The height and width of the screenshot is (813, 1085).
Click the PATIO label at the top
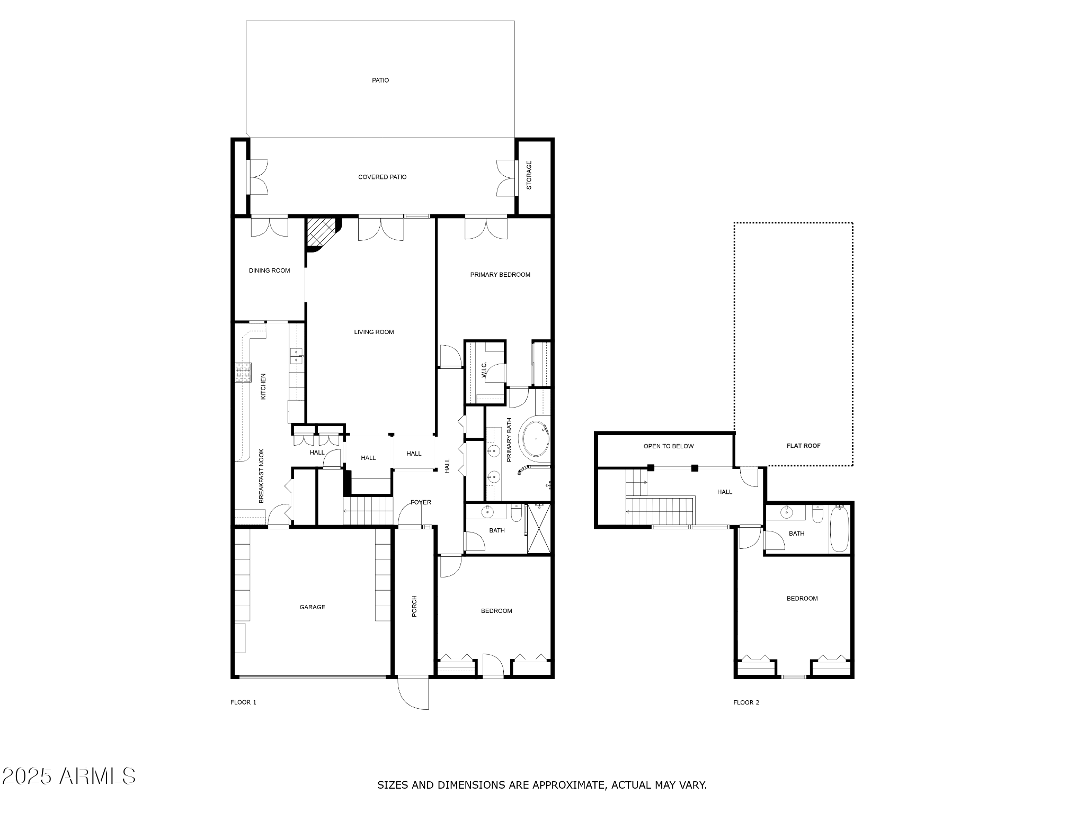[380, 80]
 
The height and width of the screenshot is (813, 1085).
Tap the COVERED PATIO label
[382, 177]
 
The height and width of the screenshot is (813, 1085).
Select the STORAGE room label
[529, 175]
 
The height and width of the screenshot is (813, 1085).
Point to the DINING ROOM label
[269, 270]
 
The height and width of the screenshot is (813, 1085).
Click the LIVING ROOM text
[373, 332]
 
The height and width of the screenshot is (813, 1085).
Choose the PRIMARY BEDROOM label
[500, 275]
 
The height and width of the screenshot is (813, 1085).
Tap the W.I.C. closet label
[484, 369]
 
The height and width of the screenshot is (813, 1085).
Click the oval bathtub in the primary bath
[536, 439]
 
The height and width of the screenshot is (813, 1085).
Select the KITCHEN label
[263, 386]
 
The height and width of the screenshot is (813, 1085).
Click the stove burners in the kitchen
[243, 372]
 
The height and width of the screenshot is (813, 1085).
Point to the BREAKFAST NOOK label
[261, 476]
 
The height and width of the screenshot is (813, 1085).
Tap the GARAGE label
[312, 607]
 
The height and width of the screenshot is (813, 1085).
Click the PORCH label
[414, 606]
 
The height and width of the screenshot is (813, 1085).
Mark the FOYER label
[421, 502]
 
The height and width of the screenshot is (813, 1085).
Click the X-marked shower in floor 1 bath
[539, 529]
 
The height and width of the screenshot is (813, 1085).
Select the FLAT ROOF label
[803, 446]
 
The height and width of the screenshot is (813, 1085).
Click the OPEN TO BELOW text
[668, 446]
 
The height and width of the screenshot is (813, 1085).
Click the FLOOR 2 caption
[746, 702]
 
